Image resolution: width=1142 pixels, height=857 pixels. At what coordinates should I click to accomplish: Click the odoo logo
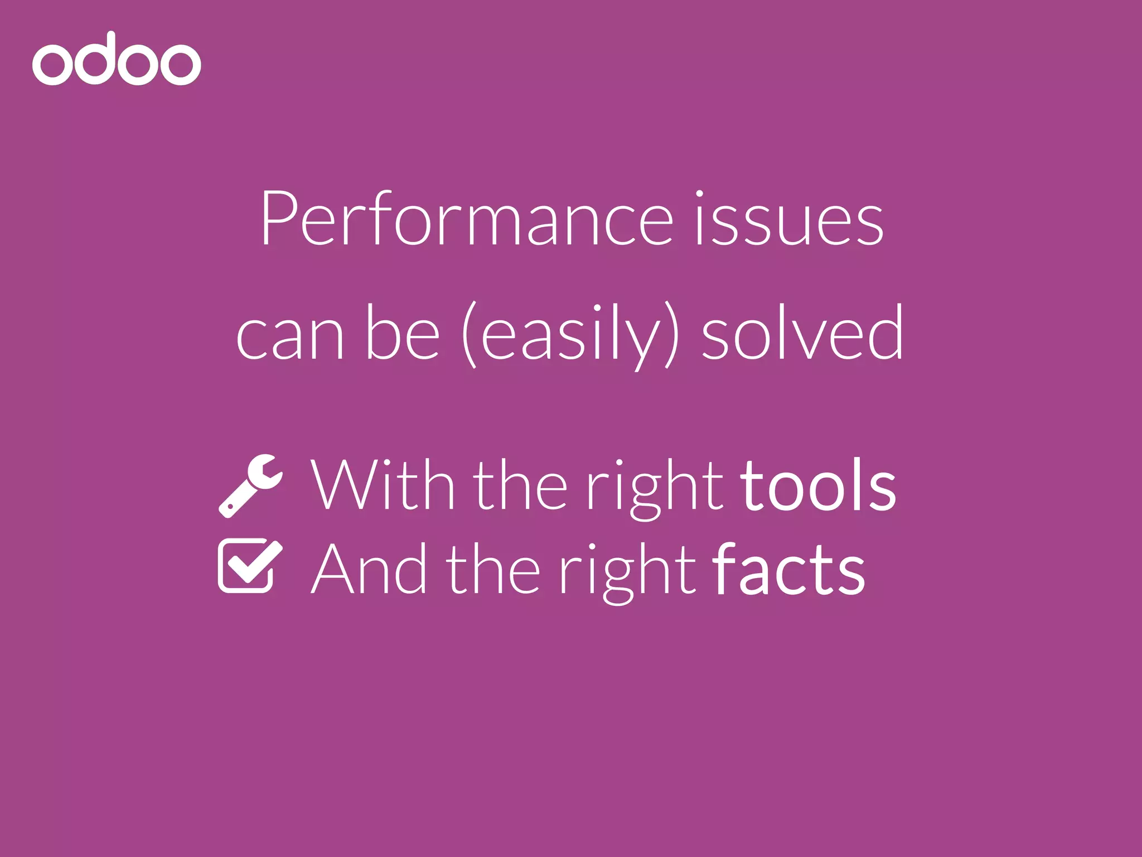(x=117, y=59)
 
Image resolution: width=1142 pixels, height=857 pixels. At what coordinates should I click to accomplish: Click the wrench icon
(x=250, y=485)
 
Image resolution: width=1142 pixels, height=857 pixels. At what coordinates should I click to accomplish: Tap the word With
(x=383, y=484)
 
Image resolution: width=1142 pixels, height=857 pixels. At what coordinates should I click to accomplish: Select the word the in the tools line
(x=521, y=484)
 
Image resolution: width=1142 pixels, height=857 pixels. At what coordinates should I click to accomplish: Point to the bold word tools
(x=818, y=484)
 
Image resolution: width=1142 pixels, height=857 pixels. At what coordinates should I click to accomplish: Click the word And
(x=369, y=569)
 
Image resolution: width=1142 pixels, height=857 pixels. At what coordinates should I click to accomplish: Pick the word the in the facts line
(x=493, y=569)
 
